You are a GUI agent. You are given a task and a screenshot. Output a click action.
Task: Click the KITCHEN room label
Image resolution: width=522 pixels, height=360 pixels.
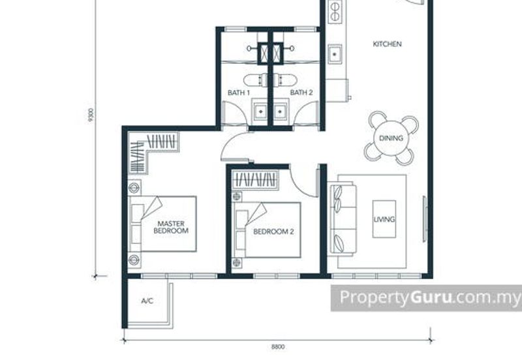(387, 44)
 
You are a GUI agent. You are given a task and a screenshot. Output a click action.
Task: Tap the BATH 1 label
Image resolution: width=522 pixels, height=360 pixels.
(239, 93)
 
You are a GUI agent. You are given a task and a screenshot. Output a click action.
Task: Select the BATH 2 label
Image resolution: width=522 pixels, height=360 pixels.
(301, 93)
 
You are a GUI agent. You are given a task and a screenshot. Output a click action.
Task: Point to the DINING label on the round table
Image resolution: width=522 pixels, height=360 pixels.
(391, 138)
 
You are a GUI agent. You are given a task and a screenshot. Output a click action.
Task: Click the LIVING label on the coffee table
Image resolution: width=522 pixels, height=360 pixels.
(384, 219)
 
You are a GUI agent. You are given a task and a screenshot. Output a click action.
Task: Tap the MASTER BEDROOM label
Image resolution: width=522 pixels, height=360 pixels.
(171, 227)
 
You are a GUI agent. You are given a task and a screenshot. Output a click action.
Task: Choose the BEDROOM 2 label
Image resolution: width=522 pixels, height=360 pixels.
(273, 232)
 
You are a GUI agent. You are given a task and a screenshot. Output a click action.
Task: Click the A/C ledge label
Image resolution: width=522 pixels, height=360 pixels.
(147, 301)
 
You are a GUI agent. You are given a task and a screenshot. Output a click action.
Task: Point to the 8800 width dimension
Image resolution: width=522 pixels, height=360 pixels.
(278, 347)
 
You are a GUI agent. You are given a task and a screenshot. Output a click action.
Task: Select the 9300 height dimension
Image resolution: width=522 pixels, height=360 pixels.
(91, 115)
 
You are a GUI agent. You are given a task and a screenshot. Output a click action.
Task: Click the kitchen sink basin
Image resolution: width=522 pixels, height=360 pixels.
(335, 54)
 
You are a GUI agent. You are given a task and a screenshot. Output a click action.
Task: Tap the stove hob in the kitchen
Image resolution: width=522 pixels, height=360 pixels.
(334, 11)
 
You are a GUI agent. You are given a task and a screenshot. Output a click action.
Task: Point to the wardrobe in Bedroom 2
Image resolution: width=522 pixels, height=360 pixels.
(255, 179)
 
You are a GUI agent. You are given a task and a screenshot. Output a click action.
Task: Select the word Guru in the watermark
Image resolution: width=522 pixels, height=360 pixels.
(431, 297)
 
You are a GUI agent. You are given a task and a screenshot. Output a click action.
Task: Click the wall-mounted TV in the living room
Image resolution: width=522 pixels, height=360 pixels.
(425, 219)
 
